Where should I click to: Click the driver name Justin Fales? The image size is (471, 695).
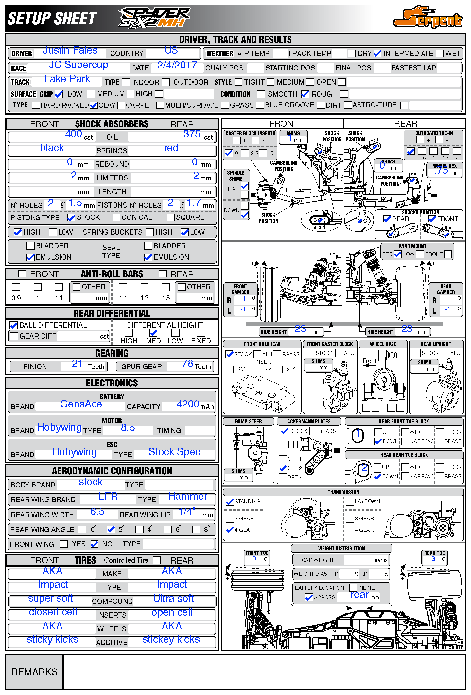pos(70,50)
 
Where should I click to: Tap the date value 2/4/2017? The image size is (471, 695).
pos(177,65)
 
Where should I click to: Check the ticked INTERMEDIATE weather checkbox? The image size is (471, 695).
pos(377,53)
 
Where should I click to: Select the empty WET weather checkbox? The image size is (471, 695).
pos(439,53)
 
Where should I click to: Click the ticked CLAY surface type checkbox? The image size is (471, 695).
pos(94,105)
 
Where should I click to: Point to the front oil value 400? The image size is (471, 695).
pos(74,134)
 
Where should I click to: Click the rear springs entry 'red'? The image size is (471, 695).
pos(171,148)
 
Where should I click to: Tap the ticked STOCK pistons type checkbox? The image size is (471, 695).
pos(71,217)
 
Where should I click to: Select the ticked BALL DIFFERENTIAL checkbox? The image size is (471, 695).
pos(14,325)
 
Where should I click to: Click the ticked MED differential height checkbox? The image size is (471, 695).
pos(153,333)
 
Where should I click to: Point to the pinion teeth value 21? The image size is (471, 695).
pos(77,364)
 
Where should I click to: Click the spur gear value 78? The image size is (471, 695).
pos(188,363)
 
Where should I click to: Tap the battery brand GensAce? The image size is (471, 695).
pos(81,404)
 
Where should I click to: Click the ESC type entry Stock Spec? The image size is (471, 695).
pos(174,452)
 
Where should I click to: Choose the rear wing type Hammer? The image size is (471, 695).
pos(187,497)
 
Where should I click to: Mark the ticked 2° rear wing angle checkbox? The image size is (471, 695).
pos(111,529)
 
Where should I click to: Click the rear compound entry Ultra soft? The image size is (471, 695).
pos(173,599)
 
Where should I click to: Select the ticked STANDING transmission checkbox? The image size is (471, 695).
pos(230,501)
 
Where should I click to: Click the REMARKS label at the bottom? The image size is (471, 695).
pos(34,672)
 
